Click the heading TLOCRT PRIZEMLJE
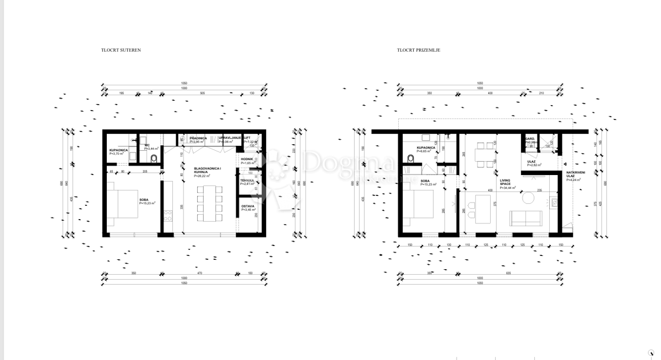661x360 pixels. (419, 50)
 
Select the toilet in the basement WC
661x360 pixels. (153, 159)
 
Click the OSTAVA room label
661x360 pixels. (248, 208)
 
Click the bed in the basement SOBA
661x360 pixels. (127, 204)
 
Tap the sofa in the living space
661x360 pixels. (525, 218)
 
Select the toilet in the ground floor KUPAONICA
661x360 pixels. (410, 159)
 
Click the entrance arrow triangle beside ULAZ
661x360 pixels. (566, 163)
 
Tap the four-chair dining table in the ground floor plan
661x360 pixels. (485, 154)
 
